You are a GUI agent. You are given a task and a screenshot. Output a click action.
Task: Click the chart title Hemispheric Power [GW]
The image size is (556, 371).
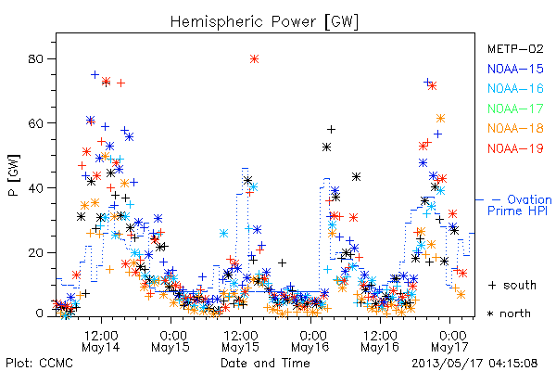(264, 22)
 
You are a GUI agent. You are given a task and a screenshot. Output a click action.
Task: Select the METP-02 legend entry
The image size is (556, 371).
(515, 48)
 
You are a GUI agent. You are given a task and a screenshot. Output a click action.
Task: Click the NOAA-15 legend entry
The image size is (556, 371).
(515, 69)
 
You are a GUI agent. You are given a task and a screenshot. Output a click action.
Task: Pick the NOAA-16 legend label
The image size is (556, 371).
(515, 88)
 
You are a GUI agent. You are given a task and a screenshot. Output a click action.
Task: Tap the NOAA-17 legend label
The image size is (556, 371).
(515, 109)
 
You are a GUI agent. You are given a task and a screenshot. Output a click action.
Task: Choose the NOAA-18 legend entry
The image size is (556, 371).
(515, 128)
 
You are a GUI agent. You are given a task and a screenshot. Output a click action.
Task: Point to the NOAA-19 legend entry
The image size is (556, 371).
(515, 148)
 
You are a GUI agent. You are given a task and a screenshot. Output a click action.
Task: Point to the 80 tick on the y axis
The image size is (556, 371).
(35, 59)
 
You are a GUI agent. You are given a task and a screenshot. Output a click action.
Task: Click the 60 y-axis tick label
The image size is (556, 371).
(35, 123)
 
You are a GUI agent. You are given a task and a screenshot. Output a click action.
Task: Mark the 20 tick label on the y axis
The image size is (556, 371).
(35, 253)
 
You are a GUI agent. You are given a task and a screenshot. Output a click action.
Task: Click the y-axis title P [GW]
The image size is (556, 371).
(14, 175)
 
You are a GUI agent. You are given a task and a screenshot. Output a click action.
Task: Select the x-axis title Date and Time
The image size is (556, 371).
(265, 364)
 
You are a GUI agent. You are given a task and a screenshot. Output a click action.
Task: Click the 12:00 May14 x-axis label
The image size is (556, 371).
(101, 341)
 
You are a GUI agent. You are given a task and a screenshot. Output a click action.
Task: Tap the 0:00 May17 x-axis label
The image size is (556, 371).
(450, 341)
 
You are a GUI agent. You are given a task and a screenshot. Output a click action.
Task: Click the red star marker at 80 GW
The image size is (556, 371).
(254, 59)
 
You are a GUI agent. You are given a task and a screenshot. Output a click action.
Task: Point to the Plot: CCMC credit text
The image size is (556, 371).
(39, 364)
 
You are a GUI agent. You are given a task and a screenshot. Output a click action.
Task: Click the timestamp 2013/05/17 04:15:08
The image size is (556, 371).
(474, 364)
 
